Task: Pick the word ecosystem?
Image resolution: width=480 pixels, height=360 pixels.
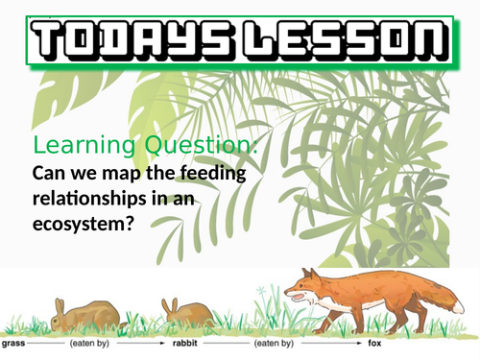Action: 84,223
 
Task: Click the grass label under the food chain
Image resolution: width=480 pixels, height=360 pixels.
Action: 14,343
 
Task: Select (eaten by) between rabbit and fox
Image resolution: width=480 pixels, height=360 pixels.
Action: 274,343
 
